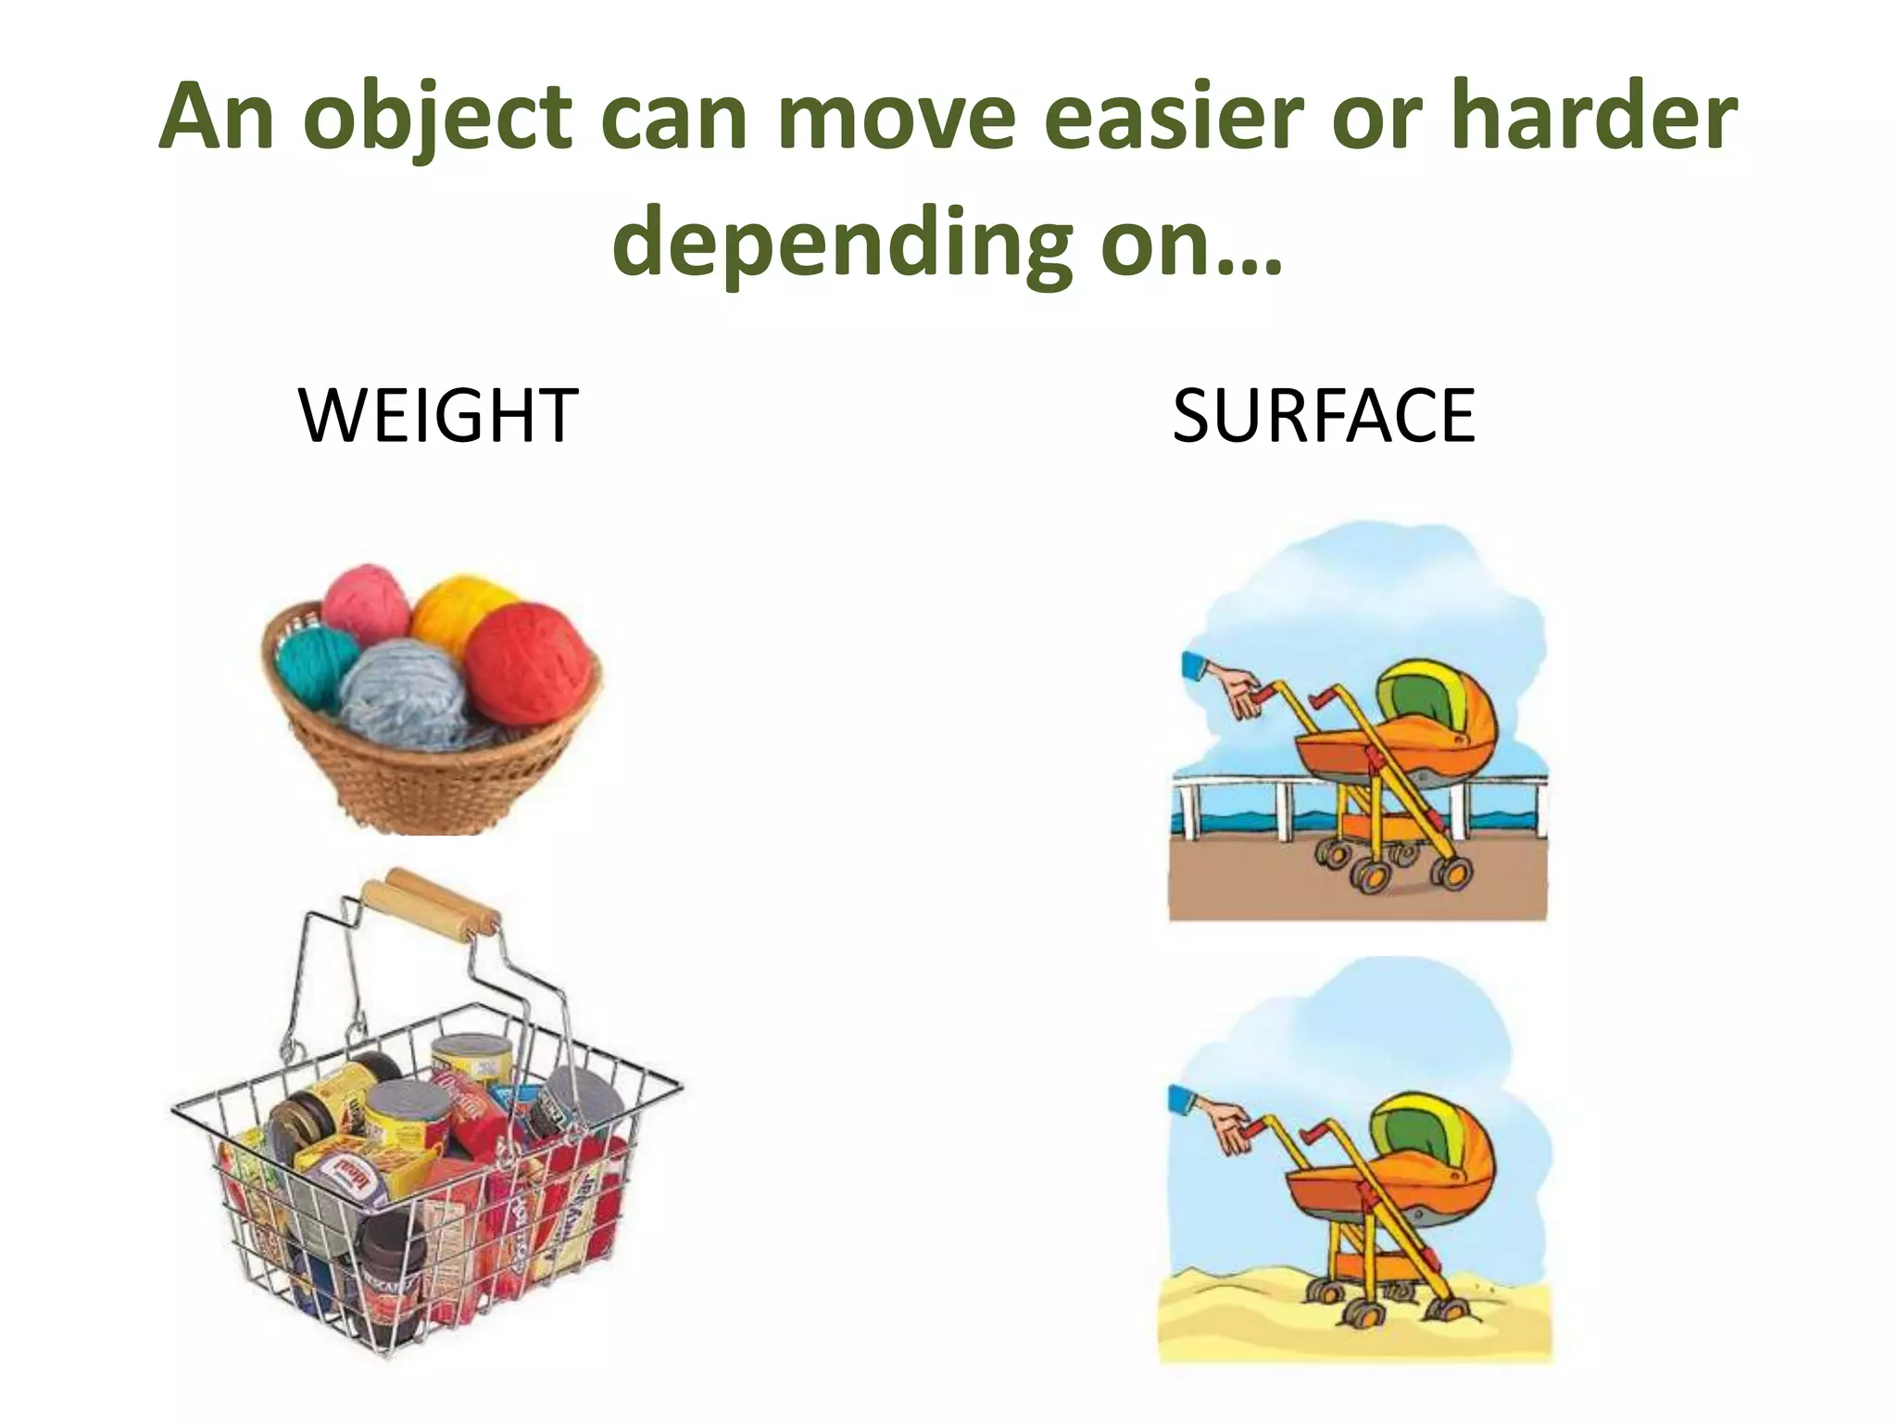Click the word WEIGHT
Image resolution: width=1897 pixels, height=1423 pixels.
pyautogui.click(x=438, y=416)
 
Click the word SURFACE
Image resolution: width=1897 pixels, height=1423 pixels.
pyautogui.click(x=1323, y=416)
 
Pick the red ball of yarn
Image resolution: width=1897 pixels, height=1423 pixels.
pyautogui.click(x=529, y=661)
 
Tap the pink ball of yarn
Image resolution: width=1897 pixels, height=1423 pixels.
pyautogui.click(x=365, y=602)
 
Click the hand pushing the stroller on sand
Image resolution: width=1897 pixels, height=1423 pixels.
pyautogui.click(x=1228, y=1127)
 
